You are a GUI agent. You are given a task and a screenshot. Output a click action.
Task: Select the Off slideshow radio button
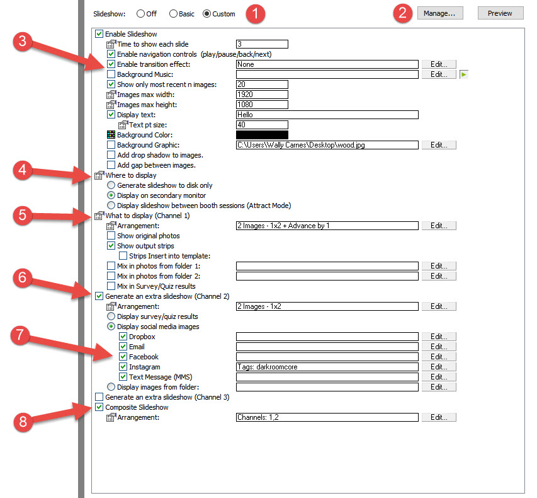[140, 14]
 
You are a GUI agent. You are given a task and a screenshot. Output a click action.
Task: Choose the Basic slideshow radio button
[173, 14]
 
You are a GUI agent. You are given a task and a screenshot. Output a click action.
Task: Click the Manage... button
[440, 13]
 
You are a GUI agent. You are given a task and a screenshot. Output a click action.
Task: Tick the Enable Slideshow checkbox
[99, 34]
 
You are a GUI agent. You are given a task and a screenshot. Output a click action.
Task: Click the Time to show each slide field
[262, 44]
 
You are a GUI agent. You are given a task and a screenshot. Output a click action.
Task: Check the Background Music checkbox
[111, 74]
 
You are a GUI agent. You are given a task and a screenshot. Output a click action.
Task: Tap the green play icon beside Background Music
[464, 74]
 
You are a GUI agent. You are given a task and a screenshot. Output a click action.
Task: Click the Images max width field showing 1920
[262, 95]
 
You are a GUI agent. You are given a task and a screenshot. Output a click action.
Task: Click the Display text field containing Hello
[327, 115]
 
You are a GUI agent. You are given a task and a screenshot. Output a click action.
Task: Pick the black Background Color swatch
[262, 135]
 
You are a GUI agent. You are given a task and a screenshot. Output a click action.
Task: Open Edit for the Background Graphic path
[439, 145]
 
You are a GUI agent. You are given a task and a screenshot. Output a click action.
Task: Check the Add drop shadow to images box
[111, 155]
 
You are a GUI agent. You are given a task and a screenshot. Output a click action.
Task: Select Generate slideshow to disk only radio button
[111, 185]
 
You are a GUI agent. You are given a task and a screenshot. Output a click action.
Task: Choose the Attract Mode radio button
[111, 206]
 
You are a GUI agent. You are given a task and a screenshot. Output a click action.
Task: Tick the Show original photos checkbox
[111, 236]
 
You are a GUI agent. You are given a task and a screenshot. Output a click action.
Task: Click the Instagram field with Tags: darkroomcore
[327, 367]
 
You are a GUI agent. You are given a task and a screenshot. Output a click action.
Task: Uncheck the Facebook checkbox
[123, 357]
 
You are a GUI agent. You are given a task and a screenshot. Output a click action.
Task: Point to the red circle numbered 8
[23, 422]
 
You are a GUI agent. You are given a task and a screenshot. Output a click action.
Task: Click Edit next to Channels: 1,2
[439, 417]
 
